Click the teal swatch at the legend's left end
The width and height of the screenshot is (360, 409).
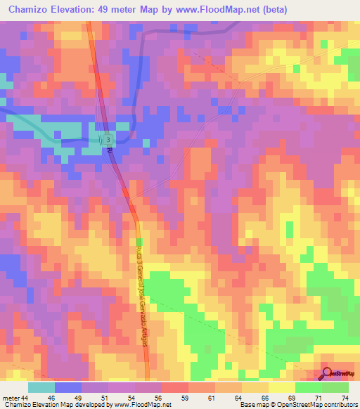pyautogui.click(x=41, y=387)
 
